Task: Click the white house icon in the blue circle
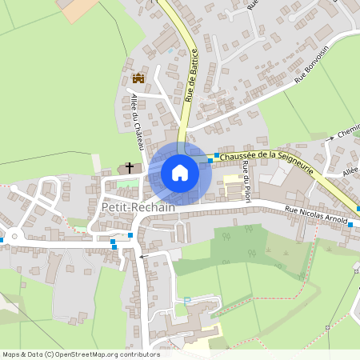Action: coord(180,173)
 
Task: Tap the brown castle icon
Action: coord(138,78)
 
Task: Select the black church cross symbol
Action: coord(129,168)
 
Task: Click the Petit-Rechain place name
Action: coord(132,207)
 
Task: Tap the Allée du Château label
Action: coord(136,121)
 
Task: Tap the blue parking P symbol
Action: coord(188,301)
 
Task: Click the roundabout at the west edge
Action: coord(14,237)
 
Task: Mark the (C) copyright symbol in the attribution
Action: coord(49,354)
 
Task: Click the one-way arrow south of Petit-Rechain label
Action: coord(143,257)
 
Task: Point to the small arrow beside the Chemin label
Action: coord(329,141)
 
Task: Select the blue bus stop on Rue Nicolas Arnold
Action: coord(350,225)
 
